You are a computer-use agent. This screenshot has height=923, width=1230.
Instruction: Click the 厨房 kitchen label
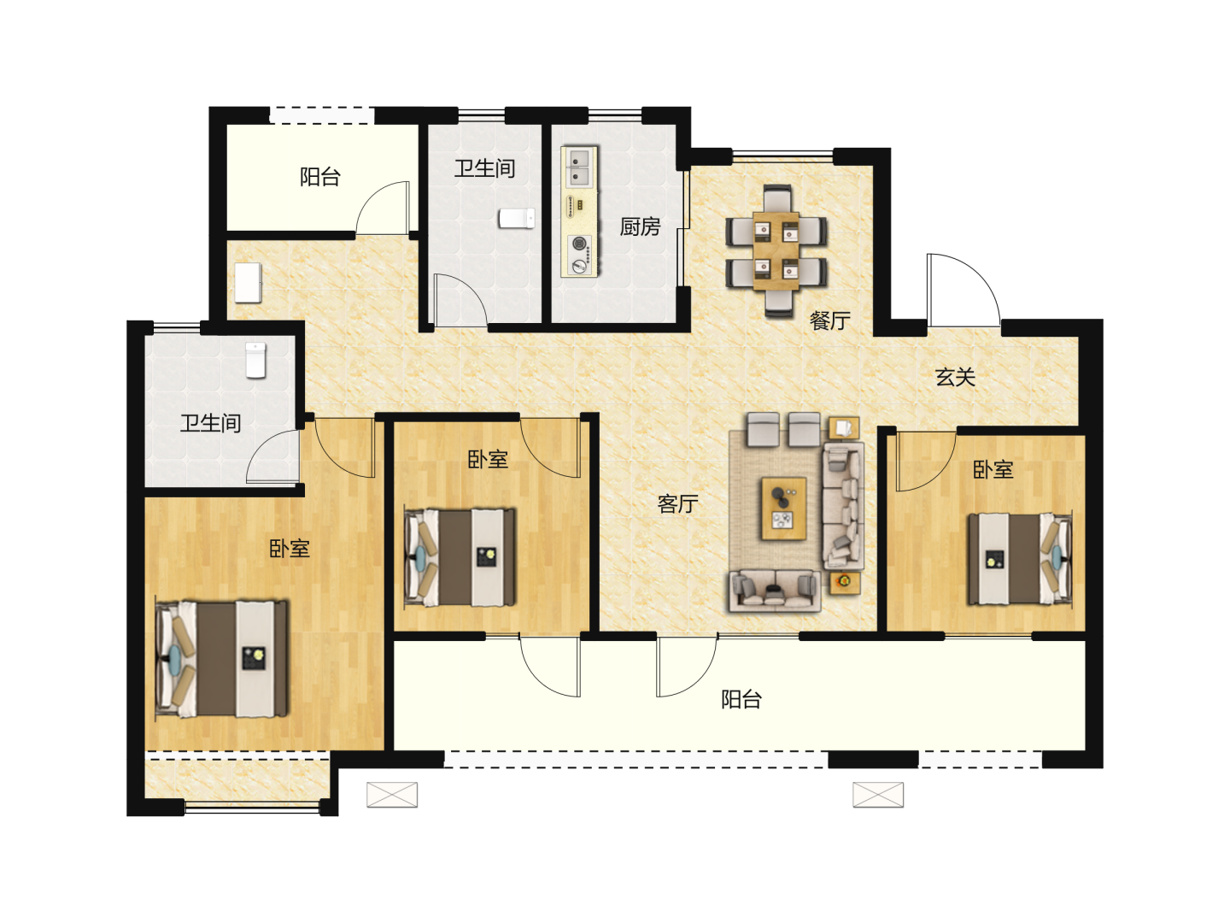pos(640,227)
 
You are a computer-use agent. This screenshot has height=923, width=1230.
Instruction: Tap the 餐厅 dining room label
pos(830,320)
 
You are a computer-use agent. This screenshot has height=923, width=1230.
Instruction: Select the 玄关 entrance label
pos(956,377)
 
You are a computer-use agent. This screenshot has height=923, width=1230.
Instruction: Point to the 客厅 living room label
pos(677,504)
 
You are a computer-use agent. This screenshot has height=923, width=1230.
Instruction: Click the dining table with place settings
pos(776,251)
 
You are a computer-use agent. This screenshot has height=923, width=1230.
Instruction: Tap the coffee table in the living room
pos(783,509)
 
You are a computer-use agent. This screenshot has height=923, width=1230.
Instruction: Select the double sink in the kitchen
pos(579,167)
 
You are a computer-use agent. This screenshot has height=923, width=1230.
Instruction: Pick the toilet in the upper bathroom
pos(517,218)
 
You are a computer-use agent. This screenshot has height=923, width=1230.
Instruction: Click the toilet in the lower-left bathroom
pos(255,360)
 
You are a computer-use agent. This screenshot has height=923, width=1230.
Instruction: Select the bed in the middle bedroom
pos(460,557)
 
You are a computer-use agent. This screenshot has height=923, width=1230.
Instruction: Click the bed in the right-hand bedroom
pos(1020,559)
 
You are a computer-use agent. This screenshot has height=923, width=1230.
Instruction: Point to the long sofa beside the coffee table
pos(843,505)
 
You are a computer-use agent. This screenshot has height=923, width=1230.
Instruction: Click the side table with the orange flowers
pos(845,583)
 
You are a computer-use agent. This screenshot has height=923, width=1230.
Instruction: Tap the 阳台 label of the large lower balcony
pos(741,699)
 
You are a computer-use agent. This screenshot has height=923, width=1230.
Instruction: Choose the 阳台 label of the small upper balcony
pos(320,177)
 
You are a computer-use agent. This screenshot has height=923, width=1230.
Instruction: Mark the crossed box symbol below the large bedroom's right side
pos(392,795)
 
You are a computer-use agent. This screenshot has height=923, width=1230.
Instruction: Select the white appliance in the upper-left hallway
pos(248,282)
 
